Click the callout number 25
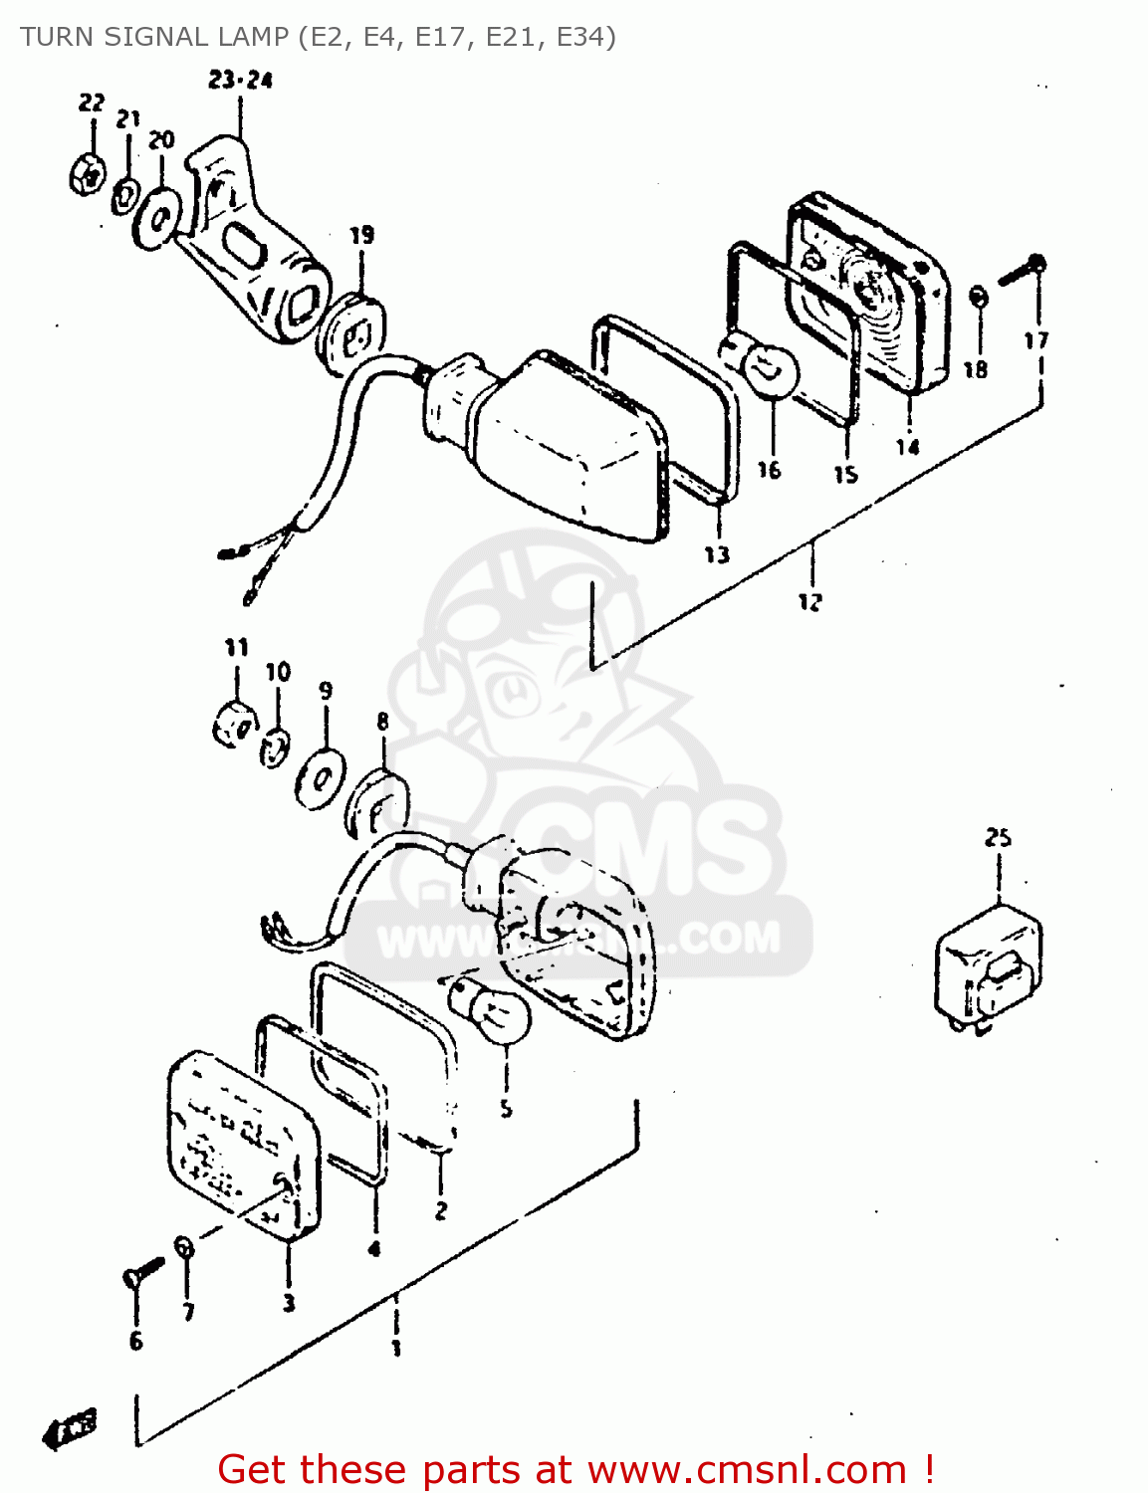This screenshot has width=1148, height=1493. click(998, 838)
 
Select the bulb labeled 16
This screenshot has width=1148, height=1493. click(769, 371)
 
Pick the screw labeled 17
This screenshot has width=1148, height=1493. click(1022, 269)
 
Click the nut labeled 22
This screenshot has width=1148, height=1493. click(88, 174)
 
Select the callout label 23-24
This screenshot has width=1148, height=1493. click(240, 81)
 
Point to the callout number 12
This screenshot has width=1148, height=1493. click(810, 601)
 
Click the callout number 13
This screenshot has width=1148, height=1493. click(717, 554)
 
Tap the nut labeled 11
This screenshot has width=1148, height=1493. click(234, 724)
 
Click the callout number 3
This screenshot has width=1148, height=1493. click(288, 1302)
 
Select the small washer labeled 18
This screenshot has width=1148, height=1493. click(978, 298)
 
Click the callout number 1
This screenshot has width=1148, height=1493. click(396, 1349)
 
